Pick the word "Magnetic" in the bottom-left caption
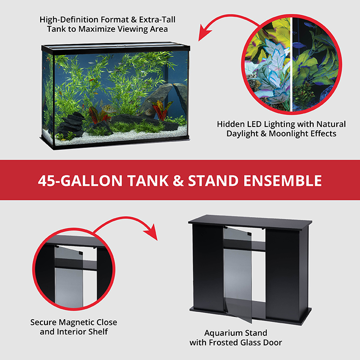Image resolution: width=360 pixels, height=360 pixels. pyautogui.click(x=78, y=322)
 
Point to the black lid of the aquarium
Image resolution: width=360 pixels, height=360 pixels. pyautogui.click(x=114, y=48)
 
